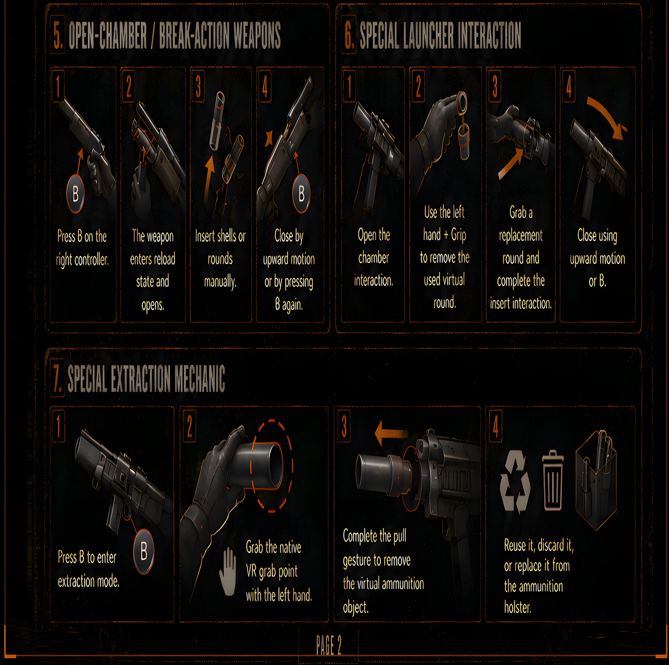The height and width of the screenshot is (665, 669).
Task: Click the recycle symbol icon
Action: point(515,481)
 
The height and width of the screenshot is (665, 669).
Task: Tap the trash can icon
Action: point(552,480)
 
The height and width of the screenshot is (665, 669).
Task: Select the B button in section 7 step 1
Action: point(144,551)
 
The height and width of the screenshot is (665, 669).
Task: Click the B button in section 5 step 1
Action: point(75,194)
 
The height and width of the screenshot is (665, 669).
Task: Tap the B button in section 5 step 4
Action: point(301,193)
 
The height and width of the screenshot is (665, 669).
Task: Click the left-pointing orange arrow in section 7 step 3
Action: point(391,433)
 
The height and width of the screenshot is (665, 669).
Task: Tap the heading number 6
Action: point(349,35)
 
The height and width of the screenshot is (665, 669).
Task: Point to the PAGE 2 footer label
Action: point(329,645)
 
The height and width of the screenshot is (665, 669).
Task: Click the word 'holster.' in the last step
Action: point(517,607)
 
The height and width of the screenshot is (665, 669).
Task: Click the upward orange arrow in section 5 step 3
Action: point(209,179)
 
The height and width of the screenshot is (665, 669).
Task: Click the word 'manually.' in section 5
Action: point(220,282)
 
